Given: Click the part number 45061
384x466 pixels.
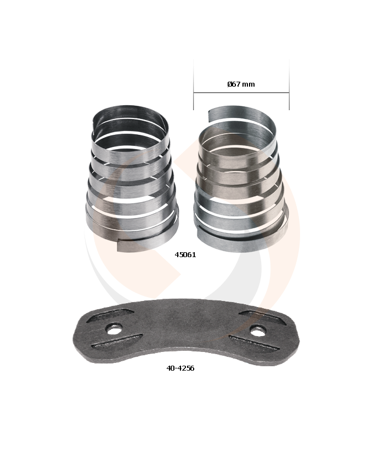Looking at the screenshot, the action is pyautogui.click(x=185, y=255).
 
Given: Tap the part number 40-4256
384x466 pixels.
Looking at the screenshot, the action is pyautogui.click(x=180, y=368).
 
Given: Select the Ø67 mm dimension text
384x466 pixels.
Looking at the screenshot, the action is pyautogui.click(x=241, y=84).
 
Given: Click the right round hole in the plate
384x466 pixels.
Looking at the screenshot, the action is pyautogui.click(x=258, y=330).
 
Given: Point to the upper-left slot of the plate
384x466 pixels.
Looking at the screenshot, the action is pyautogui.click(x=110, y=315).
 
